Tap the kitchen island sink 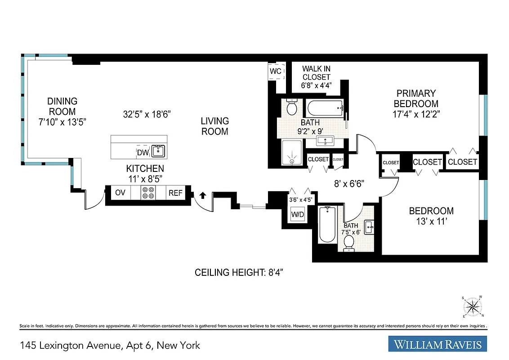pyautogui.click(x=158, y=151)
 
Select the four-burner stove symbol pyautogui.click(x=148, y=193)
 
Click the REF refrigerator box pyautogui.click(x=175, y=193)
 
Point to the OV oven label pyautogui.click(x=120, y=193)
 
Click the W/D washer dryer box pyautogui.click(x=298, y=215)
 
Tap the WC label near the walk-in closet pyautogui.click(x=276, y=72)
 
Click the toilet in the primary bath pyautogui.click(x=291, y=108)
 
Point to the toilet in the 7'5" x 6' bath pyautogui.click(x=348, y=243)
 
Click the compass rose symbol pyautogui.click(x=472, y=307)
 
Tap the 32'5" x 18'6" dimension pyautogui.click(x=147, y=114)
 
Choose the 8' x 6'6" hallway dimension pyautogui.click(x=348, y=184)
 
